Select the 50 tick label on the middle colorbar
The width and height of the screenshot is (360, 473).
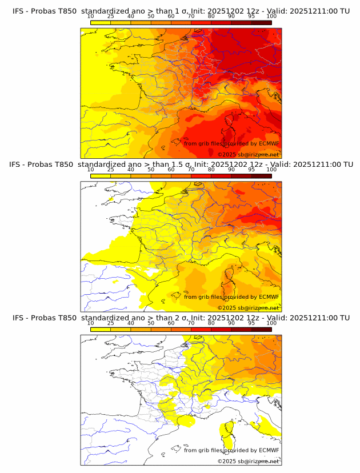(151, 170)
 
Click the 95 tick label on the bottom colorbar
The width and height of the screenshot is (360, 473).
(251, 323)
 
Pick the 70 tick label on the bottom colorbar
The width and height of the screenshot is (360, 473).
(191, 323)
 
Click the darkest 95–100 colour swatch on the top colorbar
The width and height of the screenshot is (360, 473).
(261, 22)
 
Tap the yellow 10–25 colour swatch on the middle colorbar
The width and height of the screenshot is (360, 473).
(101, 176)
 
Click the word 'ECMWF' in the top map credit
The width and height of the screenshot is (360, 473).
(269, 143)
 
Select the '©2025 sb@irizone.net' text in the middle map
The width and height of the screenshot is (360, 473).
(248, 307)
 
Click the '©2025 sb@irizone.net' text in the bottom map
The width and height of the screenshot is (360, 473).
(248, 461)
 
